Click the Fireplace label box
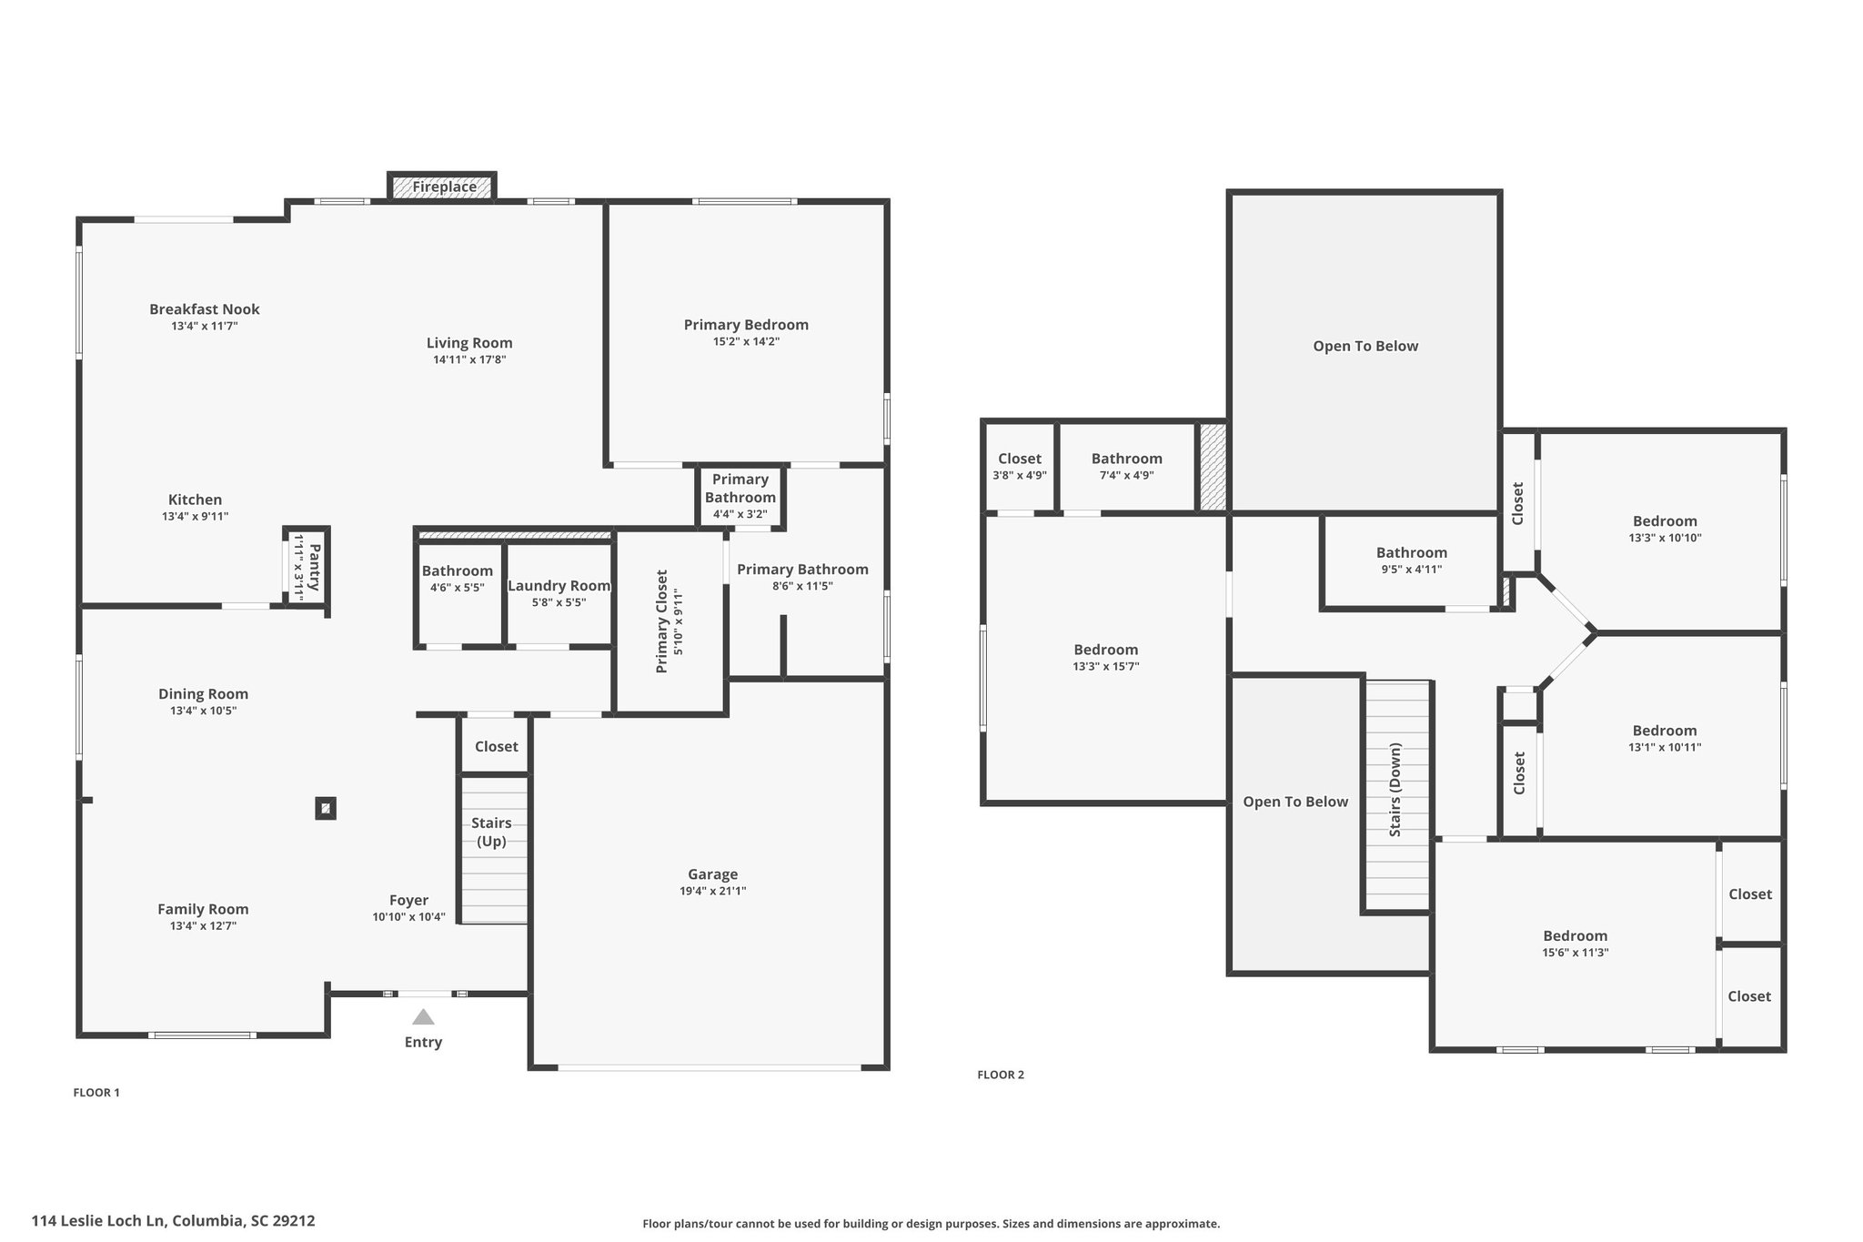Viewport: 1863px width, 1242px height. click(x=442, y=187)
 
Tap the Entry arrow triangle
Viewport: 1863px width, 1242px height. click(x=423, y=1016)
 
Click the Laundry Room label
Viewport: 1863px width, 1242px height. click(x=559, y=586)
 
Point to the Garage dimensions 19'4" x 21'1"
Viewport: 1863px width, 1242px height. click(x=713, y=891)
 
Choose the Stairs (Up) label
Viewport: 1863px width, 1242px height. click(x=491, y=832)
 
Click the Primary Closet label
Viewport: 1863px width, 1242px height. click(x=661, y=621)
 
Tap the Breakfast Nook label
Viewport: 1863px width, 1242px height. click(x=205, y=309)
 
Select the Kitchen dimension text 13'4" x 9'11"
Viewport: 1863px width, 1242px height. click(x=196, y=516)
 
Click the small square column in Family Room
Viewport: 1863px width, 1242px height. click(x=326, y=808)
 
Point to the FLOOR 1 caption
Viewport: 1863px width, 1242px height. click(x=96, y=1093)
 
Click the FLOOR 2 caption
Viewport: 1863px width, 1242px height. click(x=1001, y=1075)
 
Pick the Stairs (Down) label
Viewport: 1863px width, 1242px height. click(x=1395, y=790)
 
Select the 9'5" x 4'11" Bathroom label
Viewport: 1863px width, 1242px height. click(x=1411, y=552)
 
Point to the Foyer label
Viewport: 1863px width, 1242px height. click(x=408, y=901)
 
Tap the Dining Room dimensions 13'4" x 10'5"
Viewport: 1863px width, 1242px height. click(x=203, y=711)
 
